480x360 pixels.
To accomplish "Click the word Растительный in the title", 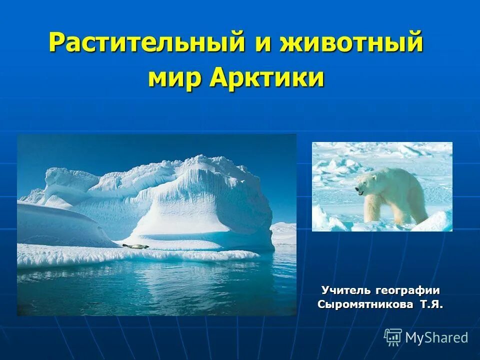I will [x=147, y=43].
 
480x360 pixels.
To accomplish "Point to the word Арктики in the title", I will [x=267, y=78].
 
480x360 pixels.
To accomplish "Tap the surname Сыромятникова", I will [x=365, y=304].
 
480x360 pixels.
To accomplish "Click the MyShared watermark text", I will [x=436, y=337].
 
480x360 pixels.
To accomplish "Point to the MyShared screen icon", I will [x=393, y=337].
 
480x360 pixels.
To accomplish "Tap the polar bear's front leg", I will [x=370, y=210].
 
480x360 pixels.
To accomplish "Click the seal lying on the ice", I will [x=135, y=245].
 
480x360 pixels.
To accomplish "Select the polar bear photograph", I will [x=382, y=186].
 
